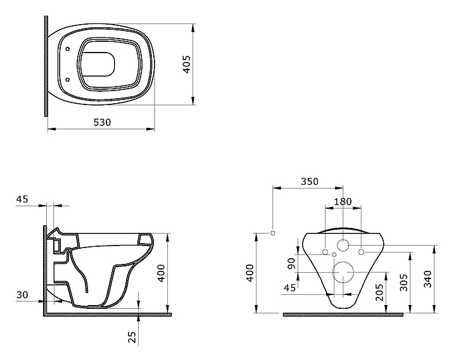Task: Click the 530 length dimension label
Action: pyautogui.click(x=102, y=122)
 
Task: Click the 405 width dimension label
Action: pyautogui.click(x=186, y=64)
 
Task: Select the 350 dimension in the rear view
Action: pyautogui.click(x=310, y=181)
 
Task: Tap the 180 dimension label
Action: pyautogui.click(x=343, y=201)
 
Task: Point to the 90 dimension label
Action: pyautogui.click(x=291, y=263)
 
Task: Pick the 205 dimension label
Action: pyautogui.click(x=379, y=292)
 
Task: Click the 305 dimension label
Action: pyautogui.click(x=403, y=282)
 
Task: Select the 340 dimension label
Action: pyautogui.click(x=427, y=279)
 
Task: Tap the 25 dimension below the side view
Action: pyautogui.click(x=132, y=337)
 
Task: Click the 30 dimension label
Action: pyautogui.click(x=22, y=294)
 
